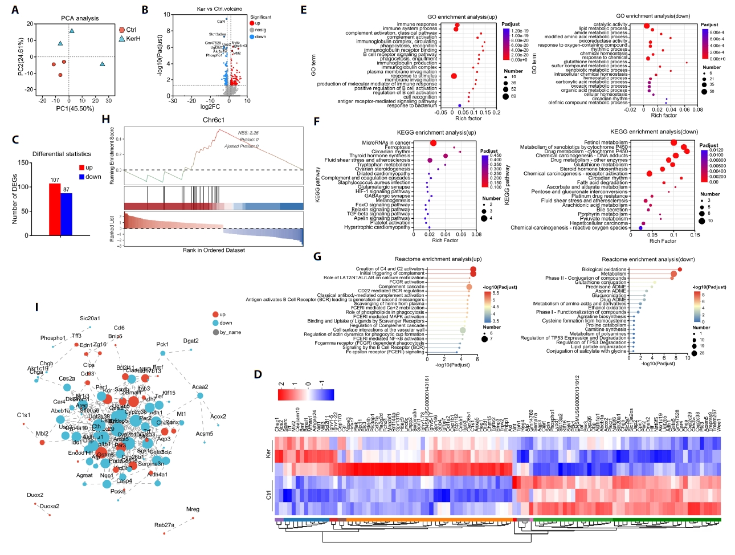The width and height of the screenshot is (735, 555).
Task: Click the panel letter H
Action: tap(105, 119)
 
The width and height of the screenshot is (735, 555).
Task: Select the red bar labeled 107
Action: tap(55, 209)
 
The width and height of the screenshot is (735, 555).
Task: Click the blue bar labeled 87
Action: tap(67, 214)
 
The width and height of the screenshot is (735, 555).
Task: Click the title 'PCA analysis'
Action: tap(80, 18)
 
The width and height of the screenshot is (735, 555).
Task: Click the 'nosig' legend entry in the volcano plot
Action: tap(260, 30)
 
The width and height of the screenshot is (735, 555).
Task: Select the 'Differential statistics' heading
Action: tap(62, 154)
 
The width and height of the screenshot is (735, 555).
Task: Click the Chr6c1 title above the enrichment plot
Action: tap(214, 120)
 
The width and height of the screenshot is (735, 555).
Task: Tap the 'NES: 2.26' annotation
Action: tap(248, 133)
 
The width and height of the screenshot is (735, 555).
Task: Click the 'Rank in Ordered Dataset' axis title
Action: tap(214, 250)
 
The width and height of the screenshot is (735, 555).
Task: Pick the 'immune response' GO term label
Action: tap(417, 25)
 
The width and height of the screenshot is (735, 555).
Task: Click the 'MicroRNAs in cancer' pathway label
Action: tap(386, 142)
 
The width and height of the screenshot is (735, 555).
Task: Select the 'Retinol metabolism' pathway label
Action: tap(606, 142)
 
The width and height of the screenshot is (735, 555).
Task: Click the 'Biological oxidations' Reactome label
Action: tap(604, 269)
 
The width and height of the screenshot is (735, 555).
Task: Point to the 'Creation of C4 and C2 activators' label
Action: tap(390, 269)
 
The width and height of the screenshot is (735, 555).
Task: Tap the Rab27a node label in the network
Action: tap(164, 525)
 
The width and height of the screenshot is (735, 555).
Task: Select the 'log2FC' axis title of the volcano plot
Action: tap(210, 107)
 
